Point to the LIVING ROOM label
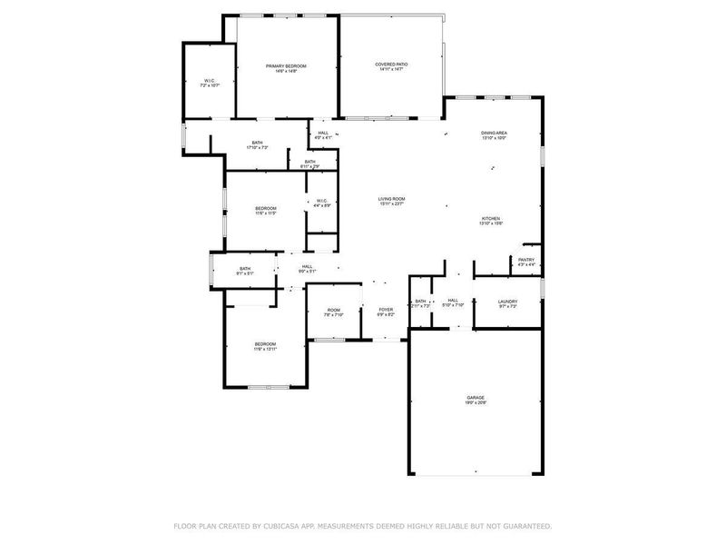[x=392, y=201]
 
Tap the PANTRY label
[x=526, y=262]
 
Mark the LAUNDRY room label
[x=507, y=303]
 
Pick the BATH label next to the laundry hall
[x=420, y=303]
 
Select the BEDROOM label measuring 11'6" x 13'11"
[x=265, y=345]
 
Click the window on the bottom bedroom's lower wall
[x=269, y=388]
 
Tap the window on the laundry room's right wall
[x=542, y=288]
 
